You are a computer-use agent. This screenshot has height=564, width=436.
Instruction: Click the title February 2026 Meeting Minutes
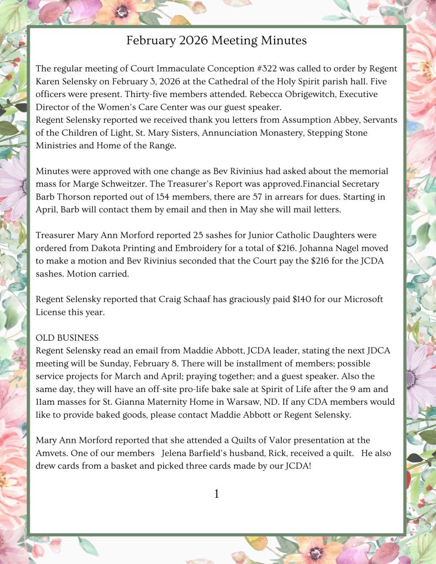(x=217, y=40)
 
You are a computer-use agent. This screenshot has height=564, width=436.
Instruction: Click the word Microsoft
(x=357, y=299)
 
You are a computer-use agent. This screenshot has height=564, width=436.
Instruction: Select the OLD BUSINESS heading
(x=67, y=337)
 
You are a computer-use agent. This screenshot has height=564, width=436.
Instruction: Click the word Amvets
(x=52, y=453)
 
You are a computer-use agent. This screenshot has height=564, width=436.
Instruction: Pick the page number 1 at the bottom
(x=217, y=494)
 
